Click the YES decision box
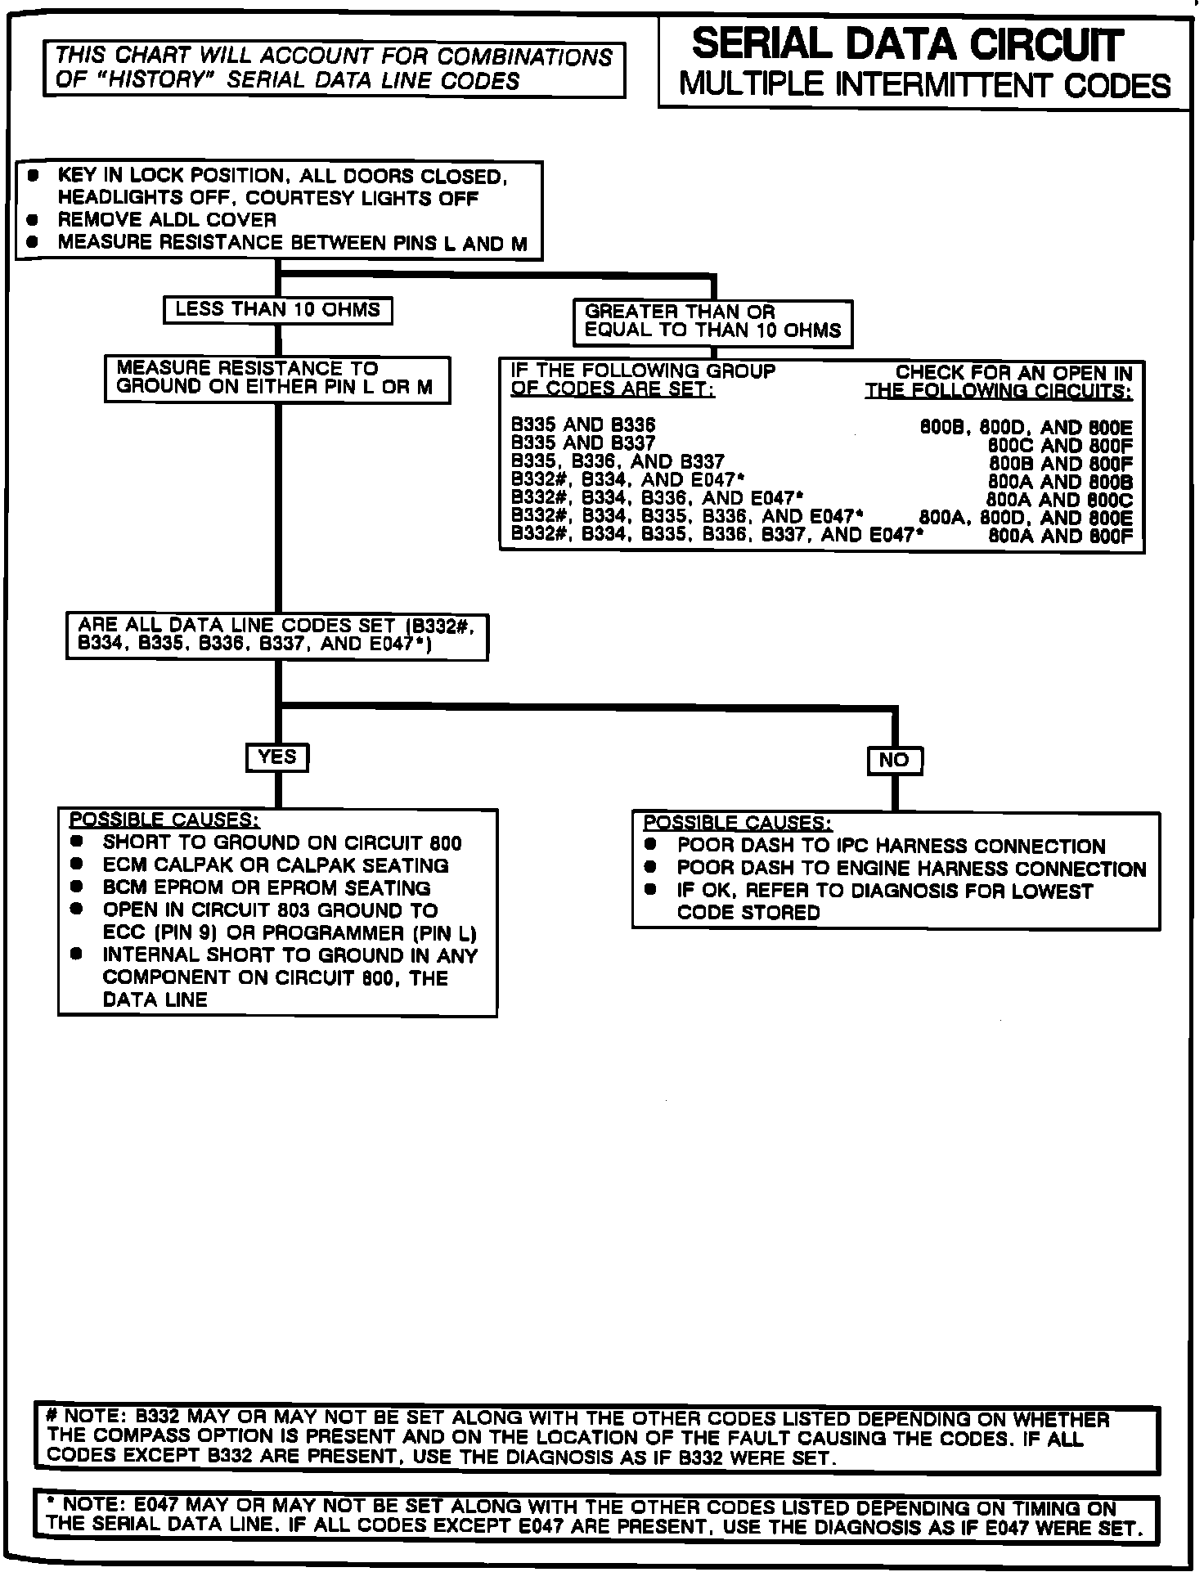(277, 757)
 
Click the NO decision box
(894, 761)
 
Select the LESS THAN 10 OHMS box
(277, 310)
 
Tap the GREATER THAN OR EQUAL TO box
(712, 321)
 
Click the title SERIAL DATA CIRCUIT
(906, 45)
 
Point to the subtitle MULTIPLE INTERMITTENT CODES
(924, 86)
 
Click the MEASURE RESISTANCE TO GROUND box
(276, 379)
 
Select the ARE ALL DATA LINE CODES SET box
(276, 636)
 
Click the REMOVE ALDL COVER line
(167, 220)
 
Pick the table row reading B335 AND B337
(583, 443)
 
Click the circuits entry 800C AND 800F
(1060, 447)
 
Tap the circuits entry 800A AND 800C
(1060, 500)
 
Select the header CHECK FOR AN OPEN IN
(1014, 373)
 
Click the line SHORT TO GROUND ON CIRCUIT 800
(282, 843)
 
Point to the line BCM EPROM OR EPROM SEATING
(267, 888)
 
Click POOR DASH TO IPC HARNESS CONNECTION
(891, 847)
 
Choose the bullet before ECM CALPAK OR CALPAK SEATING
(77, 865)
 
